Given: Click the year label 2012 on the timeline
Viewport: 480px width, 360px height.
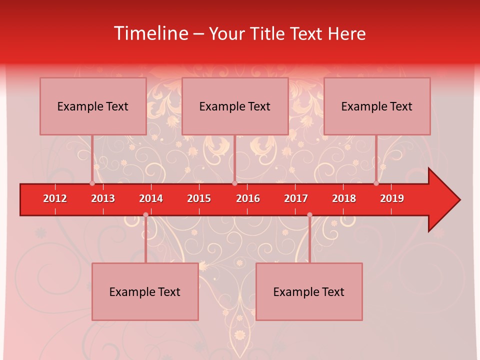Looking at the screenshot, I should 55,198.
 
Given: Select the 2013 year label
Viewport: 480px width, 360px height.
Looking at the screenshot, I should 103,198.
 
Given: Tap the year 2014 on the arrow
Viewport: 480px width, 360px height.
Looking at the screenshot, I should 151,198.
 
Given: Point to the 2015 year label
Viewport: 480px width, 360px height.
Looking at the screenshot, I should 199,198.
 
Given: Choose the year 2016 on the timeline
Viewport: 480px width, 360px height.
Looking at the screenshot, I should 248,198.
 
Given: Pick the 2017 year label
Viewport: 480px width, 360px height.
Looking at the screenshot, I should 296,198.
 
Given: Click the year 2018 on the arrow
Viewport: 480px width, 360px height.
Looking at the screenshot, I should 344,198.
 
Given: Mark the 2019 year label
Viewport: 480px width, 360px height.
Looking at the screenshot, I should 392,198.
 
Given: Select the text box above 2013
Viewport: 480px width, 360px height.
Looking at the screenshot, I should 93,106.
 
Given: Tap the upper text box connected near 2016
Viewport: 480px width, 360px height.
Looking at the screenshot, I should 235,106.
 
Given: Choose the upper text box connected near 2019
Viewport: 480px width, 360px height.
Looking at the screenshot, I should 377,106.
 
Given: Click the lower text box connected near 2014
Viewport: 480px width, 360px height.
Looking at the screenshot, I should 145,291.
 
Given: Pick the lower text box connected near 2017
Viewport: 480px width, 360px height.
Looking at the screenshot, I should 309,291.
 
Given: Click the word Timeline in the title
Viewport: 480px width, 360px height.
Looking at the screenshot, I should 150,33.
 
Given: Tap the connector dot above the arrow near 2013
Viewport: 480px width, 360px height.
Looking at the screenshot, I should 92,183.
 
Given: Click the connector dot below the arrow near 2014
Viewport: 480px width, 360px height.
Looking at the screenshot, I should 145,215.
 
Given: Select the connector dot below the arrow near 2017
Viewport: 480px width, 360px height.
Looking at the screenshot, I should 309,215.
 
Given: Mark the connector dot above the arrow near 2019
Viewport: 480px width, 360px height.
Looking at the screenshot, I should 376,183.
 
